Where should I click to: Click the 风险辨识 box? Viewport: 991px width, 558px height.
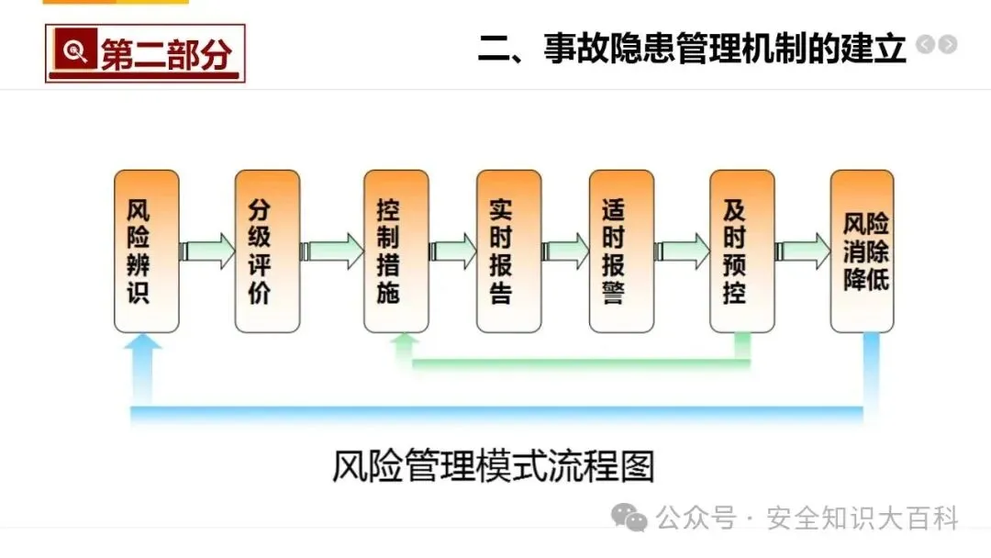tap(146, 251)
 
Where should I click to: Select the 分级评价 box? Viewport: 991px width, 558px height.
tap(267, 251)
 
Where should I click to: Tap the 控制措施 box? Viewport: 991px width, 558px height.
tap(395, 251)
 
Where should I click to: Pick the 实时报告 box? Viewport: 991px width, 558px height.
tap(508, 251)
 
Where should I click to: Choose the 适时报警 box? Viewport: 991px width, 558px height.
tap(621, 251)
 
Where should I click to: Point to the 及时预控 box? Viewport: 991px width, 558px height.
tap(741, 251)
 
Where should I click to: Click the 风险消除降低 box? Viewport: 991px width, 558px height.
tap(862, 251)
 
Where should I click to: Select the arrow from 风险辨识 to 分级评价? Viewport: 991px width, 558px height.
tap(207, 251)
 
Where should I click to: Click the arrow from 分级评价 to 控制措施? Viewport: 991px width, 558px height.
tap(333, 251)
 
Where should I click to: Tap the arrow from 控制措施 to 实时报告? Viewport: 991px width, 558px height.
tap(452, 251)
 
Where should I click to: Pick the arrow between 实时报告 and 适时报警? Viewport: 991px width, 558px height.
tap(565, 251)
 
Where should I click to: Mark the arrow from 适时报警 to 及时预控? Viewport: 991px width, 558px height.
tap(682, 251)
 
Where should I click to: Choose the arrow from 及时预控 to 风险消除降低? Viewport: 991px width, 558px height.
tap(802, 251)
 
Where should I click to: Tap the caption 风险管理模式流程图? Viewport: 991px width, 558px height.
tap(494, 467)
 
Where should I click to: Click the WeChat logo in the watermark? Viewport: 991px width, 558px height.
tap(630, 519)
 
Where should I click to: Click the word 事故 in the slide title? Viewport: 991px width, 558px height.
tap(570, 47)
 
